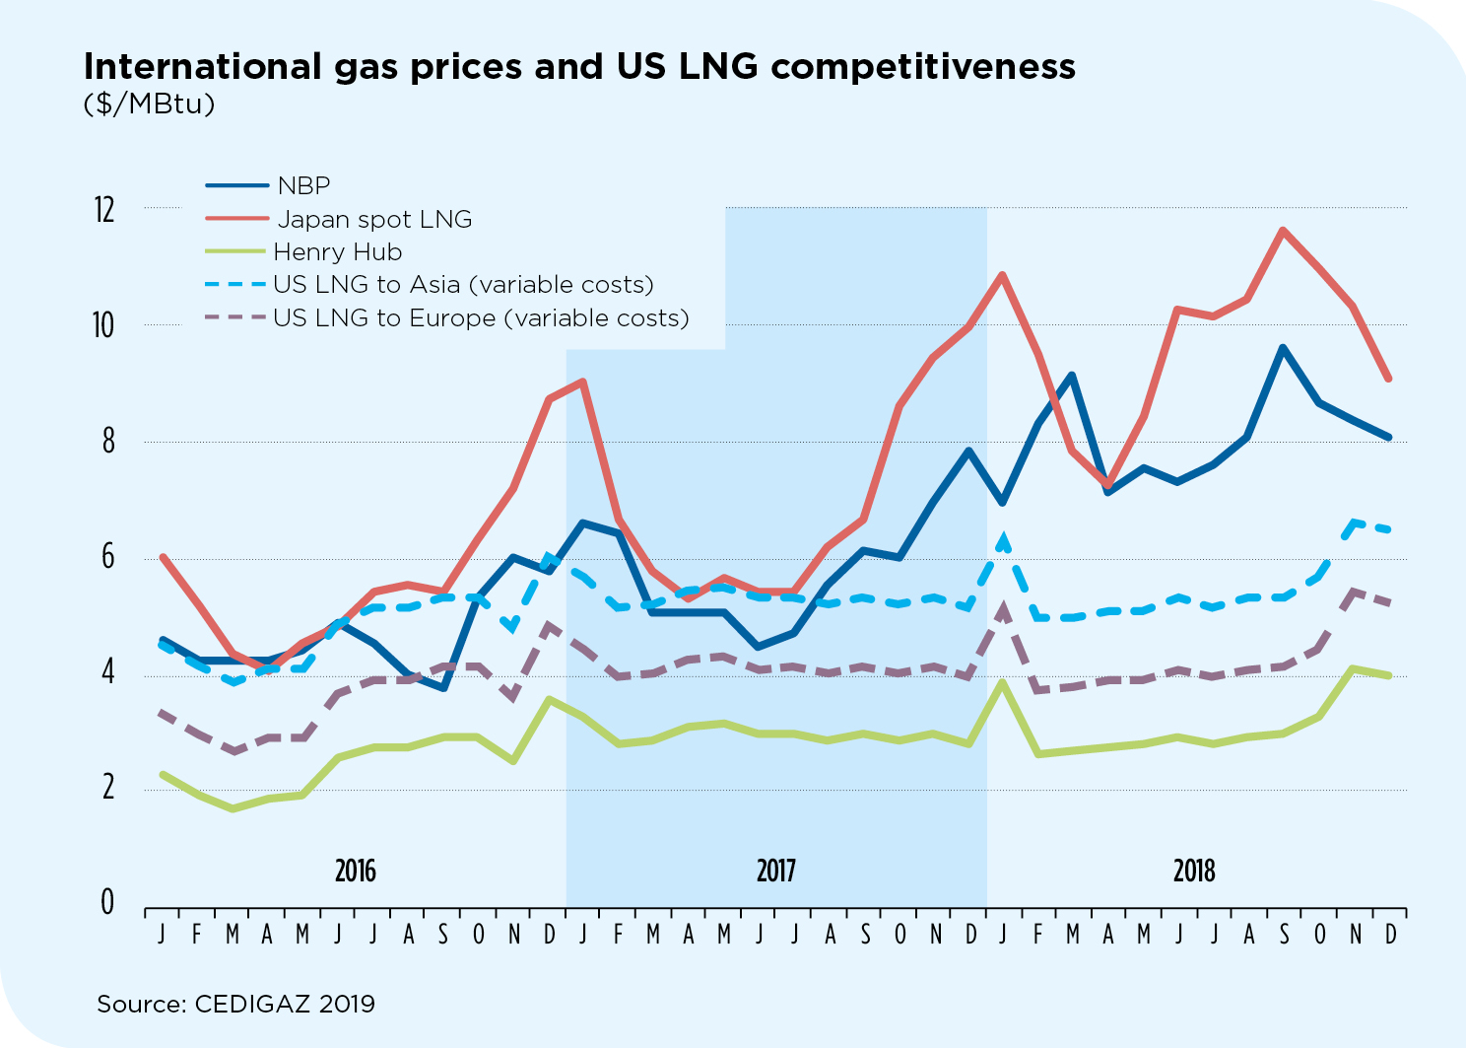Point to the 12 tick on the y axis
[103, 209]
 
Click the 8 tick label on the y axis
[107, 442]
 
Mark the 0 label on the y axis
[107, 902]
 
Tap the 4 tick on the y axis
[107, 673]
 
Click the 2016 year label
[355, 871]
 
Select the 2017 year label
[775, 871]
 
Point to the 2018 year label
[1194, 871]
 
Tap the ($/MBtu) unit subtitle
[149, 104]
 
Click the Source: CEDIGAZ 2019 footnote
[235, 1005]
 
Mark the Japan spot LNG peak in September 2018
[1282, 231]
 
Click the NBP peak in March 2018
[1072, 376]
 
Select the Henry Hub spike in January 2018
[1002, 682]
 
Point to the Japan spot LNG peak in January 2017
[583, 382]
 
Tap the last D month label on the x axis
[1390, 934]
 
